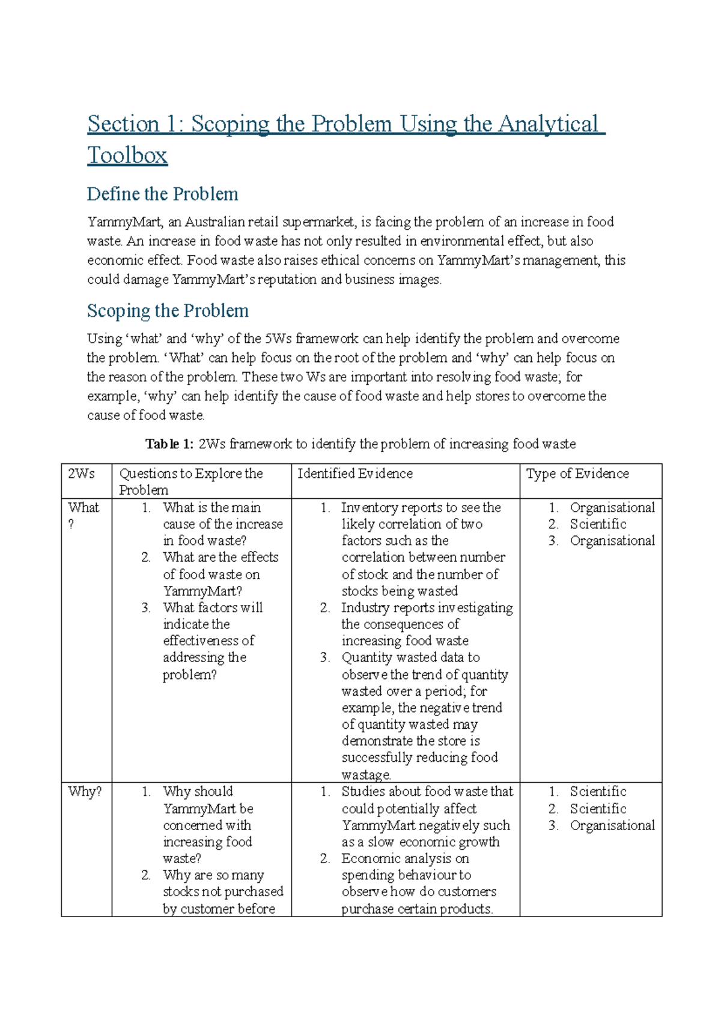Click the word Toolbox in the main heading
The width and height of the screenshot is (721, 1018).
(127, 155)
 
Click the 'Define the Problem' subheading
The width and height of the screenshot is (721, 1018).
(162, 194)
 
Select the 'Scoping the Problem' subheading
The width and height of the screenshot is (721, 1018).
(168, 310)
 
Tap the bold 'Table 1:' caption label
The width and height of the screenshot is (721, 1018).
(169, 444)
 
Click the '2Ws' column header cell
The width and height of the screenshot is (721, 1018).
(81, 474)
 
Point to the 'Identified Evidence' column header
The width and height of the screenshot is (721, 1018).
(355, 474)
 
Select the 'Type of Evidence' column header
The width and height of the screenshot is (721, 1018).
(577, 474)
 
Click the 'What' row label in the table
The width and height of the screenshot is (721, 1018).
(83, 508)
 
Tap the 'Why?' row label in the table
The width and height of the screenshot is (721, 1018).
(85, 792)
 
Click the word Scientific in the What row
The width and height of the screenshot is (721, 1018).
(598, 524)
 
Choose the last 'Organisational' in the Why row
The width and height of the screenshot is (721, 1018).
(612, 825)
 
